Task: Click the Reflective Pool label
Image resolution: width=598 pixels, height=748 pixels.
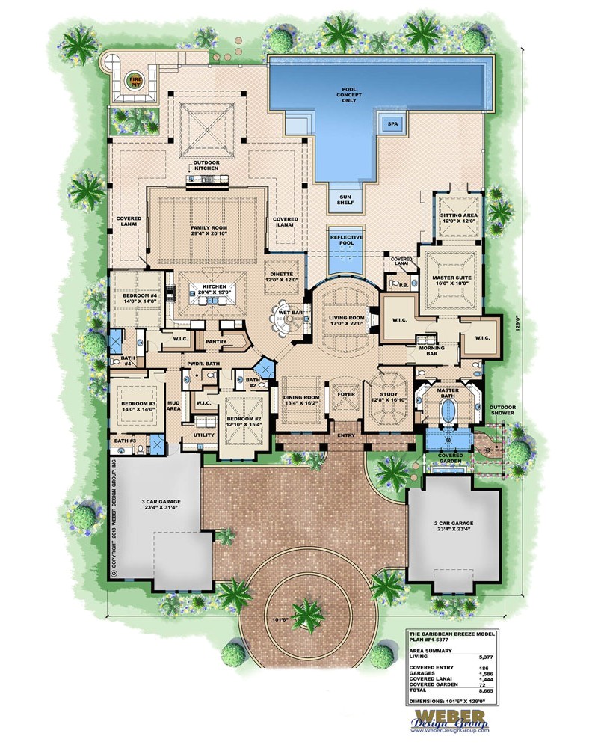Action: point(345,242)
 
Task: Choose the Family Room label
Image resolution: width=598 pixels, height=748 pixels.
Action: point(208,227)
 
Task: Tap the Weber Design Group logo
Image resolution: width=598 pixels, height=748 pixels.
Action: point(448,718)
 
